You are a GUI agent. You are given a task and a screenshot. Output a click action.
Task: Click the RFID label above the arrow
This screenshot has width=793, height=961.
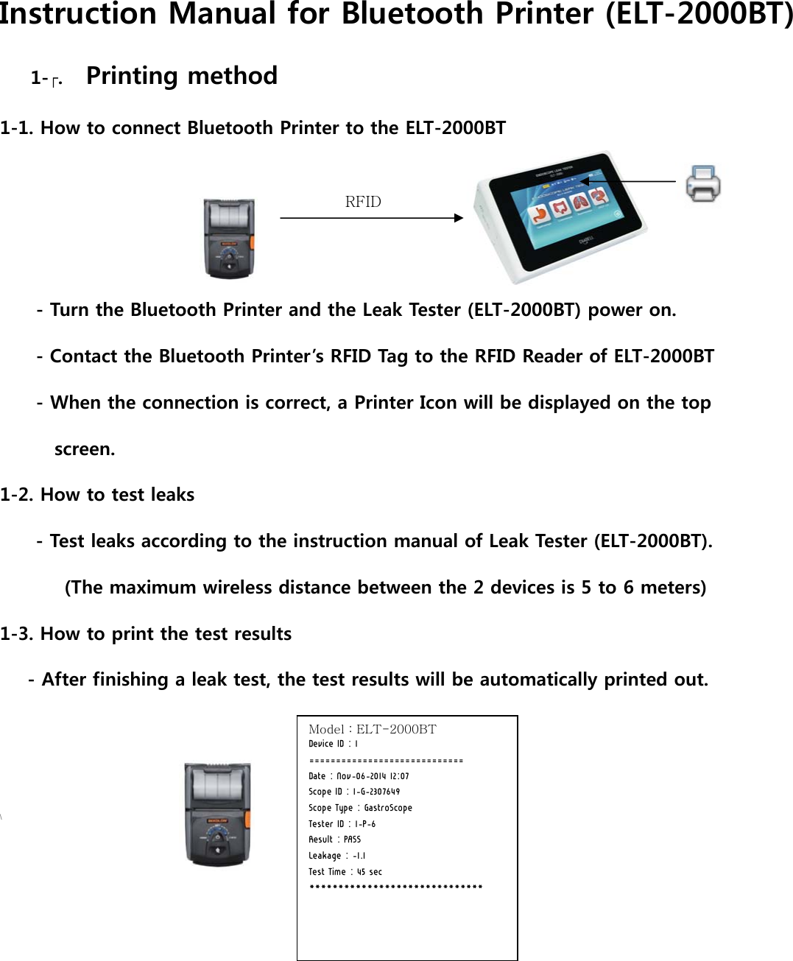(x=363, y=202)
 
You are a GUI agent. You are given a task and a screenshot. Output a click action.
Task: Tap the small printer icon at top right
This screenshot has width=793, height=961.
(x=702, y=184)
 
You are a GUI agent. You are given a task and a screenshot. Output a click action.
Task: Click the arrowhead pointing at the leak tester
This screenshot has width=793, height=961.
(x=458, y=218)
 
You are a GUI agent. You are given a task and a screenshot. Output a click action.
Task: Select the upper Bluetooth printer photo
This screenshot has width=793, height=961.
(x=229, y=239)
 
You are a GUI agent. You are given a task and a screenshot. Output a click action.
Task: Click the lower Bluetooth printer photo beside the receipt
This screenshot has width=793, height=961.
(x=217, y=814)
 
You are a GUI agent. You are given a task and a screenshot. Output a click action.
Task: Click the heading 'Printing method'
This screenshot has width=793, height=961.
(x=181, y=76)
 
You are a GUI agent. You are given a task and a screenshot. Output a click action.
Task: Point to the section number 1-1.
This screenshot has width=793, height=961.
(x=16, y=128)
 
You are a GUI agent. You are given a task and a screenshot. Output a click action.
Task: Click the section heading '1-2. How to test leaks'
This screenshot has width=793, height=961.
(x=97, y=495)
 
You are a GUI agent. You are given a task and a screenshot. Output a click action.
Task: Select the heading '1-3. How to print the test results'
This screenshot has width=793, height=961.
(x=146, y=634)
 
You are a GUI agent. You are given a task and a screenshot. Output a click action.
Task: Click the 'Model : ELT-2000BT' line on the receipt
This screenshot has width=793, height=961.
(x=372, y=729)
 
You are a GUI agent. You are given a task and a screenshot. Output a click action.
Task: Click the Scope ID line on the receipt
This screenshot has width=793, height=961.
(x=353, y=792)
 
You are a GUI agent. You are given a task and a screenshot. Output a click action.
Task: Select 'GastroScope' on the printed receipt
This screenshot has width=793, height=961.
(x=388, y=808)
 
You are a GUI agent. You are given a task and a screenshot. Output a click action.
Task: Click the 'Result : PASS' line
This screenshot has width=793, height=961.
(x=334, y=839)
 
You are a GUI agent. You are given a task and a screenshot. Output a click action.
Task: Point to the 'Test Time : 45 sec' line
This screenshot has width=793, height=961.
(x=345, y=872)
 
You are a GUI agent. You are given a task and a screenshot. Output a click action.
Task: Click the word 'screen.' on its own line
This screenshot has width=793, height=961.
(x=85, y=449)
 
